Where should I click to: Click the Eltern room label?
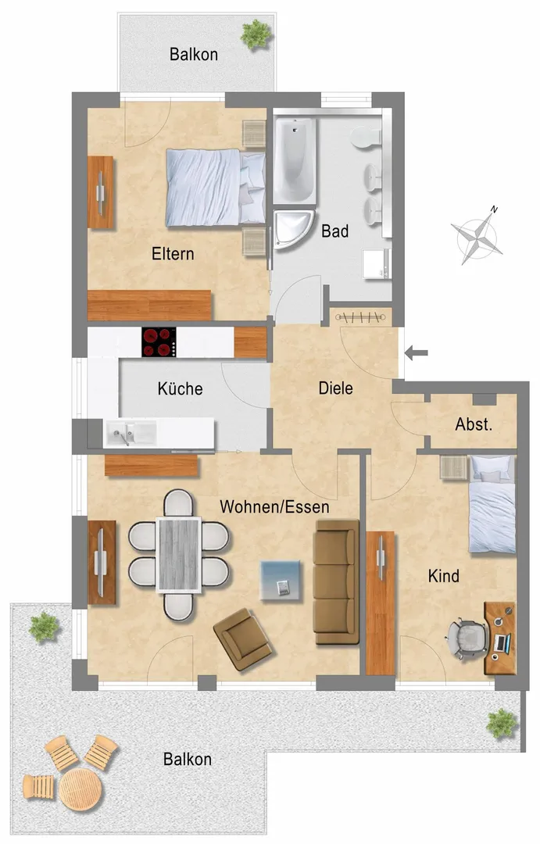coord(173,253)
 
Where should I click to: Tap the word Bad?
coord(335,231)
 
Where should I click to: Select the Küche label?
coord(180,388)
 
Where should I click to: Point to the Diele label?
coord(335,388)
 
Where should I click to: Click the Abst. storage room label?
coord(474,424)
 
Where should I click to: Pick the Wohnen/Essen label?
coord(274,506)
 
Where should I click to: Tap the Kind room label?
coord(444,576)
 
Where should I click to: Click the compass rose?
coord(477,236)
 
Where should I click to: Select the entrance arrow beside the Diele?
coord(417,353)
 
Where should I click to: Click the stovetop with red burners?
coord(159,342)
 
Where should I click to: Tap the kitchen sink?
coord(131,433)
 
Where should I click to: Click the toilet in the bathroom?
coord(367,138)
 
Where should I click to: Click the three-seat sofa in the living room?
coord(337,581)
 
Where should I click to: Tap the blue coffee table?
coord(280,580)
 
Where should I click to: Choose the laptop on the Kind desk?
coord(502,642)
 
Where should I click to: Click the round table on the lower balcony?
coord(80,789)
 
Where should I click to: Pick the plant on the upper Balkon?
coord(256,34)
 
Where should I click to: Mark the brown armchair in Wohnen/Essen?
coord(242,639)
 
